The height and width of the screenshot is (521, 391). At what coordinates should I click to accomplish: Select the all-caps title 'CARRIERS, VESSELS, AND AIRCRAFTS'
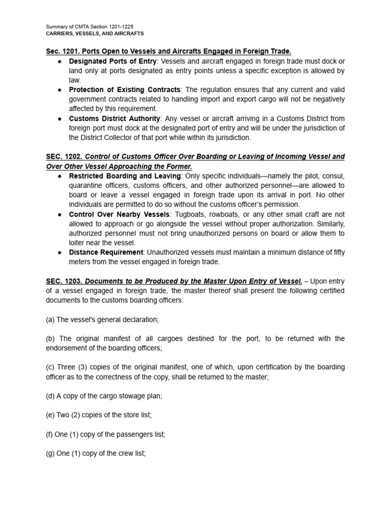[95, 34]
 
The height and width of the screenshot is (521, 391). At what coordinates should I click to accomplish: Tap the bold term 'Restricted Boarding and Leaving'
[125, 176]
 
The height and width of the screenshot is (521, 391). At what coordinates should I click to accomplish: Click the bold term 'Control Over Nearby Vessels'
[119, 214]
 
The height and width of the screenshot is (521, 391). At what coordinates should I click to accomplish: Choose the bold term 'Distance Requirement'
[106, 252]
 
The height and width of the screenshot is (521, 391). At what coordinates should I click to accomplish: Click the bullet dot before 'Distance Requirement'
[60, 252]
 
